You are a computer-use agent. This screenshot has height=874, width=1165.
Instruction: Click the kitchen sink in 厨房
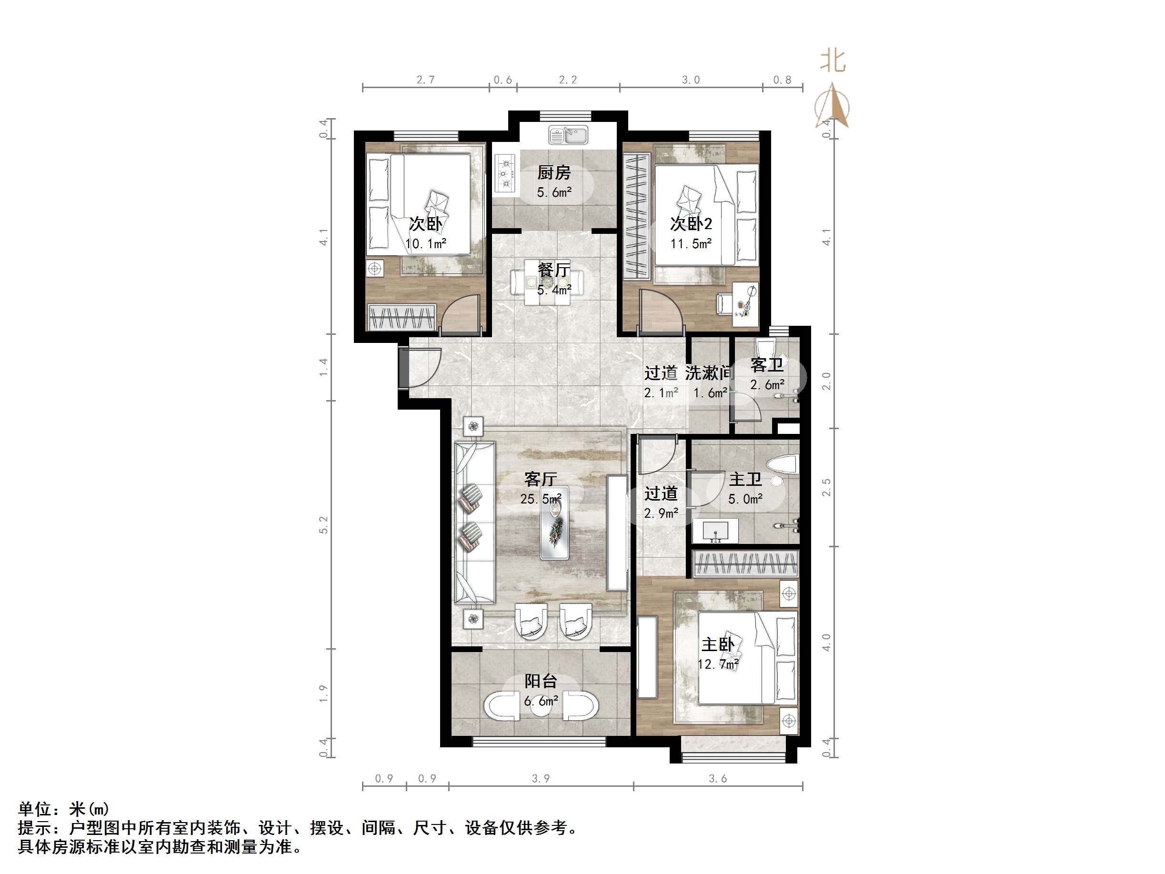(568, 135)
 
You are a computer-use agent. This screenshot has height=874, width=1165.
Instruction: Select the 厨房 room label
(553, 173)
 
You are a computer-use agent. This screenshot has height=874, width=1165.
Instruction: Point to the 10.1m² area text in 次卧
(425, 244)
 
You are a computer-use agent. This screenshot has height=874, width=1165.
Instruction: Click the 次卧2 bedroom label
(691, 224)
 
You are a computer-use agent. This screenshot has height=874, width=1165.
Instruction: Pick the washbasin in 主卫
(715, 531)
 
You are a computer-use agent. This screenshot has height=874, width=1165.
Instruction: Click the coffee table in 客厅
(554, 522)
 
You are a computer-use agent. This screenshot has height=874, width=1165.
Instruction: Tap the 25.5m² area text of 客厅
(541, 498)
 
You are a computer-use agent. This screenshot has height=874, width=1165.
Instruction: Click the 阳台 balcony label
(541, 681)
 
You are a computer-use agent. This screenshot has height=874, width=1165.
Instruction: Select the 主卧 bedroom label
(717, 644)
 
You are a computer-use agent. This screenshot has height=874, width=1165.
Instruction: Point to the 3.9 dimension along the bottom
(541, 779)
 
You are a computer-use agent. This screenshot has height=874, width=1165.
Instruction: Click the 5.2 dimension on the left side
(323, 525)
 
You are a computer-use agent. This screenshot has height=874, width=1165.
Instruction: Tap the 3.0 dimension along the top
(691, 80)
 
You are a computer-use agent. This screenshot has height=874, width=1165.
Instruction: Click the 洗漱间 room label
(709, 373)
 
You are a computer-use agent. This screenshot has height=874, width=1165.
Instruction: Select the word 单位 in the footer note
(35, 809)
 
